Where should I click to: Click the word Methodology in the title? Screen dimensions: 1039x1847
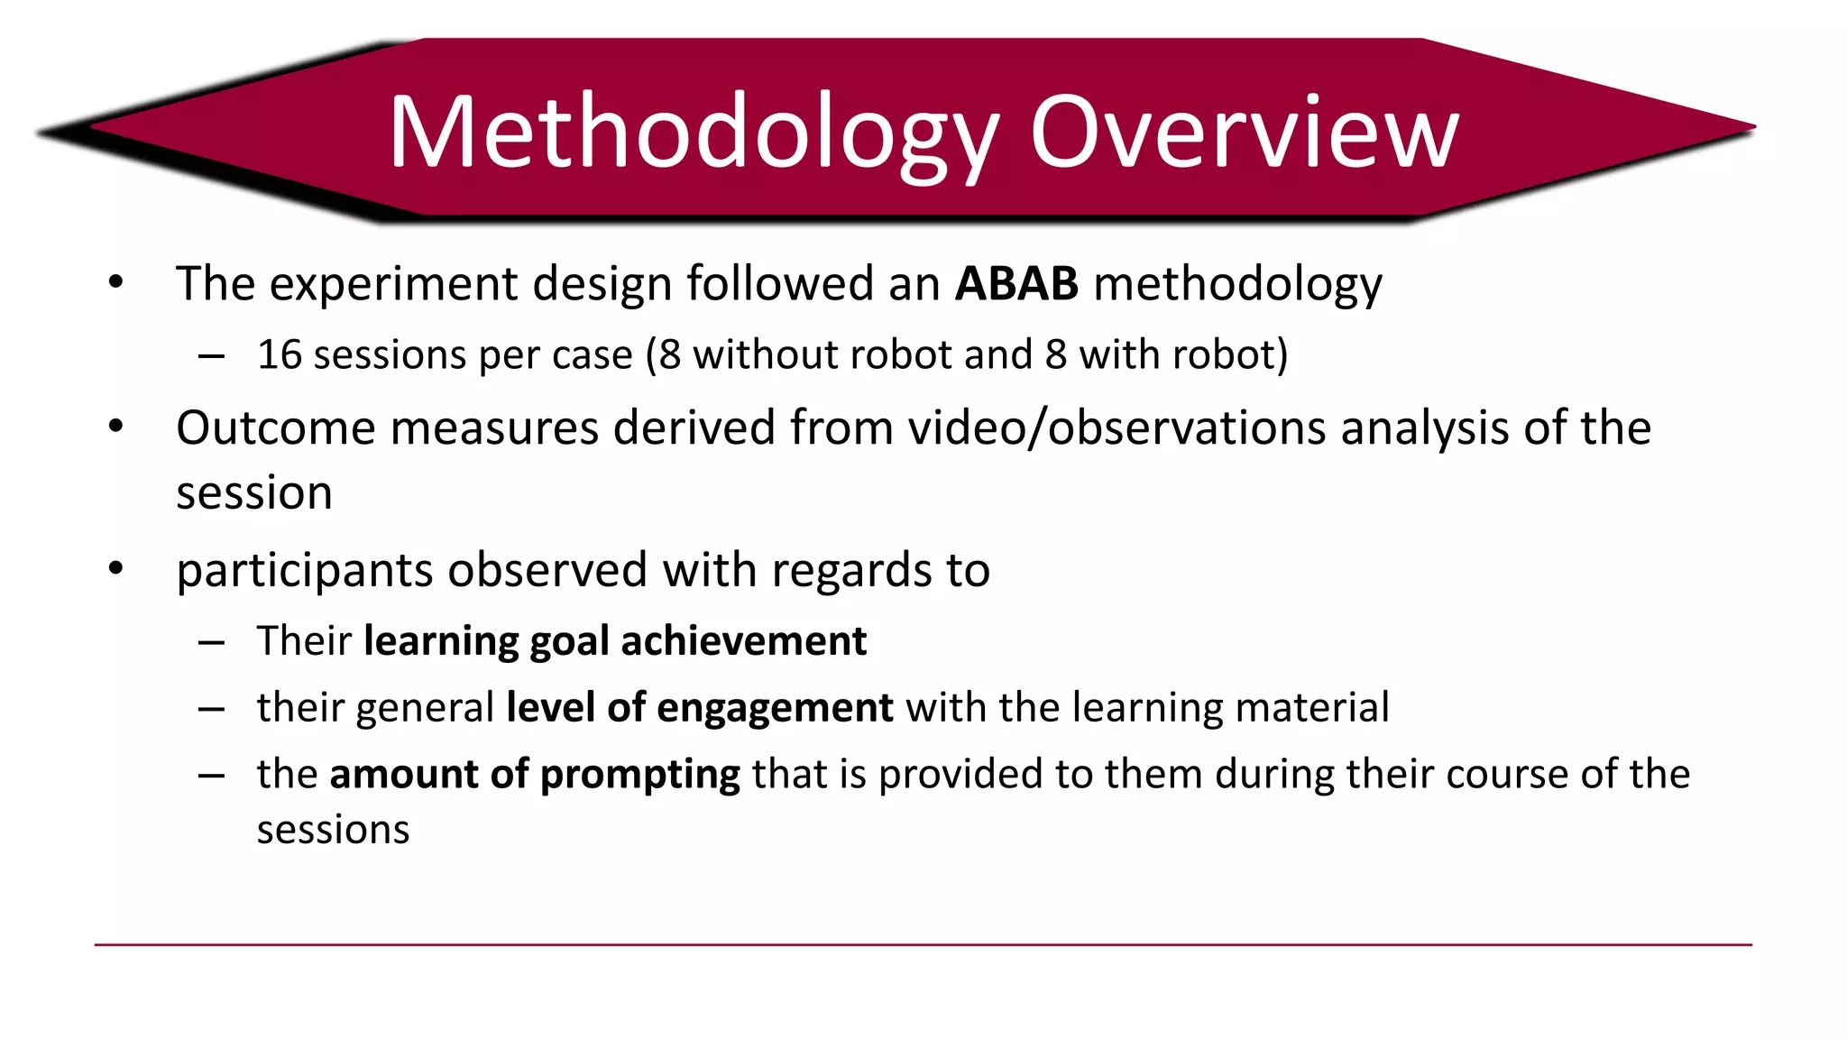694,133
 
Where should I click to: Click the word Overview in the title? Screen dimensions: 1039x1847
1244,133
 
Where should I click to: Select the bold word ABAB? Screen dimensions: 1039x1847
1016,283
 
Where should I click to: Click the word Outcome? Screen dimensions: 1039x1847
275,428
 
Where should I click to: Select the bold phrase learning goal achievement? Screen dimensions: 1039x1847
615,641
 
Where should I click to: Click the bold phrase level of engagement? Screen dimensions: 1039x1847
700,708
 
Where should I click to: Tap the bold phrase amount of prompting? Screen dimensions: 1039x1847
535,775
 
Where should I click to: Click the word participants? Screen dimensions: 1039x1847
304,570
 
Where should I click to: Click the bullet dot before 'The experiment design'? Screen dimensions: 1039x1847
115,283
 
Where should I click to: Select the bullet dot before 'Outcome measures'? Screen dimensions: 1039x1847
115,427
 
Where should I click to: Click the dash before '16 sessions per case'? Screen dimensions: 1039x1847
211,357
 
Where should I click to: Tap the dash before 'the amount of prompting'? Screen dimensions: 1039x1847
211,777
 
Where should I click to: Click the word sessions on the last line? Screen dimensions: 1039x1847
333,830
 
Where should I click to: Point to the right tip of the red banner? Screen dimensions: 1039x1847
1752,127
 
